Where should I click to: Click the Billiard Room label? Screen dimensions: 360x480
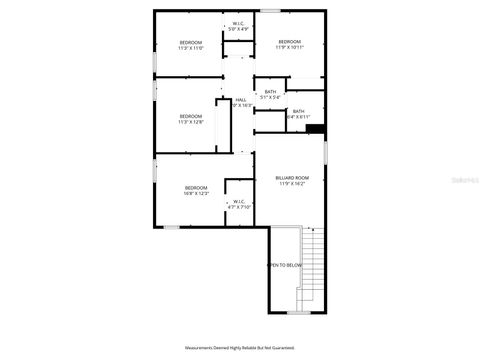pyautogui.click(x=292, y=178)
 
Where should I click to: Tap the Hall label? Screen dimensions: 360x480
pyautogui.click(x=241, y=99)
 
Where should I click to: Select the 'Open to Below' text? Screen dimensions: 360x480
pyautogui.click(x=284, y=265)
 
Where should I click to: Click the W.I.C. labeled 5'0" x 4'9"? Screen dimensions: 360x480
pyautogui.click(x=239, y=26)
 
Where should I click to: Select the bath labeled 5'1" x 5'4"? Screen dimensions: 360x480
pyautogui.click(x=271, y=94)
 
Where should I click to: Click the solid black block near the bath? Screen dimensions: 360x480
pyautogui.click(x=316, y=128)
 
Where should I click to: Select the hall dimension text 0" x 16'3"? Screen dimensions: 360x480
pyautogui.click(x=243, y=105)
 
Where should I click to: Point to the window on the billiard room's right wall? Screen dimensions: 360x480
pyautogui.click(x=326, y=150)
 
